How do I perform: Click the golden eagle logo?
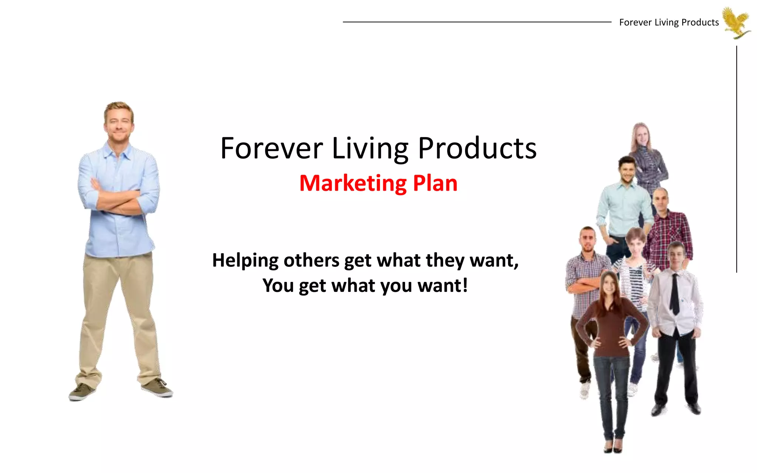[737, 22]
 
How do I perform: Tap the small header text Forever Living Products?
[669, 23]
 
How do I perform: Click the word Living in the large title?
[370, 149]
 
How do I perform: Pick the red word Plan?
[435, 183]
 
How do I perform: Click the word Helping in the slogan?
[245, 261]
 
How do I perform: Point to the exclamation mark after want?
[465, 285]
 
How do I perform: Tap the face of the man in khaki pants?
[119, 124]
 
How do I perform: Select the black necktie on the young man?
[675, 294]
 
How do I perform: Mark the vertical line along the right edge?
[736, 159]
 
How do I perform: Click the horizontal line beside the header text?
[477, 22]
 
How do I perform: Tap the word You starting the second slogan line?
[278, 286]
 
